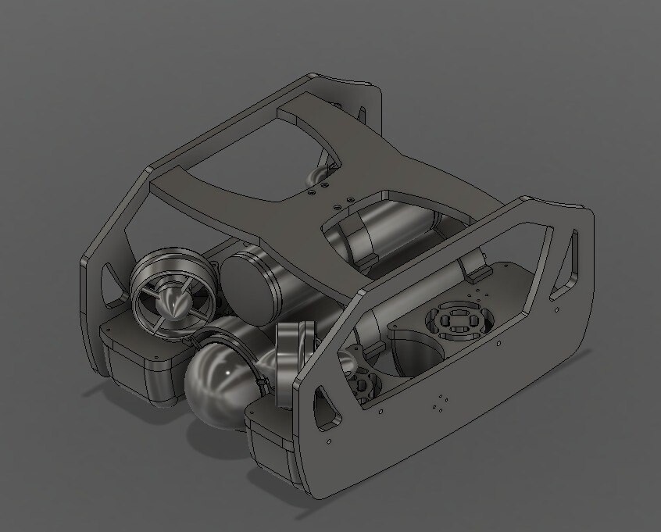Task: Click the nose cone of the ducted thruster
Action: coord(178,300)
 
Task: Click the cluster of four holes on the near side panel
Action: coord(439,403)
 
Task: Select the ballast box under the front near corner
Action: coord(270,445)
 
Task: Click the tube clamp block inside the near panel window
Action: coord(475,267)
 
